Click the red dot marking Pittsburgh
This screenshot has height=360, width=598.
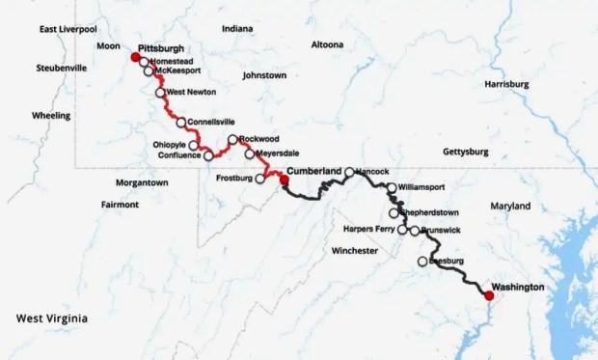click(136, 57)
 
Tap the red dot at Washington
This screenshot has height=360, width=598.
click(489, 295)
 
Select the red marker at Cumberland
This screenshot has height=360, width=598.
click(284, 180)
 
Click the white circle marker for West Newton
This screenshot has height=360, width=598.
click(161, 93)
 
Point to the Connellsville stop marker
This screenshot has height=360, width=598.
click(181, 123)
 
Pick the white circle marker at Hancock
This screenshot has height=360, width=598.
click(350, 172)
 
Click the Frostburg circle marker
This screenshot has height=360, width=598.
click(259, 179)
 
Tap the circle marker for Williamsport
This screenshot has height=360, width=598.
click(392, 187)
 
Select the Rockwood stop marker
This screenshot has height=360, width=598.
click(232, 140)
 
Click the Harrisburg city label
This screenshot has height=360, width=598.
click(506, 84)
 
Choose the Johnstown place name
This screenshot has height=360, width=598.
click(264, 74)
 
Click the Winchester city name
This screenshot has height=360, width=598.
click(354, 250)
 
